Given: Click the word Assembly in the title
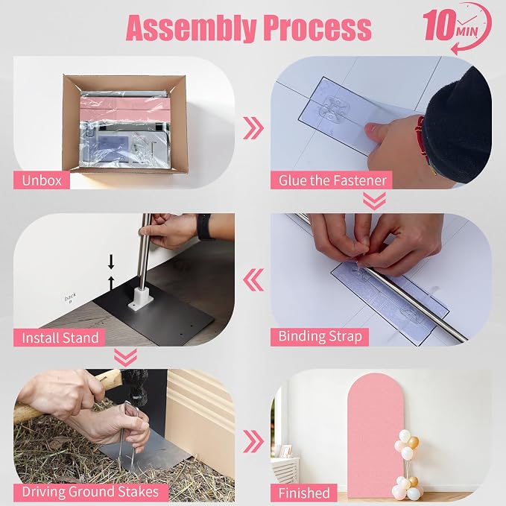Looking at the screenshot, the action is pyautogui.click(x=192, y=28).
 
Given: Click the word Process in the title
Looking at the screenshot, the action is pyautogui.click(x=317, y=28).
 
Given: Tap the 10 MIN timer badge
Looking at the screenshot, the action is pyautogui.click(x=457, y=28).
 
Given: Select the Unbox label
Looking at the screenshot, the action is pyautogui.click(x=42, y=180).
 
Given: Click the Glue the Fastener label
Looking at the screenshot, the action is pyautogui.click(x=332, y=180).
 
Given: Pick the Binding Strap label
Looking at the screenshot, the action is pyautogui.click(x=320, y=337).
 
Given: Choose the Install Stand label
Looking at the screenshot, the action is pyautogui.click(x=60, y=338).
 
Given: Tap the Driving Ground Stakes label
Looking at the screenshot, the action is pyautogui.click(x=91, y=493).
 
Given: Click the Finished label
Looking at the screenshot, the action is pyautogui.click(x=304, y=493).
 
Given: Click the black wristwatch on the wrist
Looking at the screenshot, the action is pyautogui.click(x=203, y=226).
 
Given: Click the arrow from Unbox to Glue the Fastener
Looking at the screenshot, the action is pyautogui.click(x=253, y=128).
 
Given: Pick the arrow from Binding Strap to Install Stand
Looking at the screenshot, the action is pyautogui.click(x=253, y=279).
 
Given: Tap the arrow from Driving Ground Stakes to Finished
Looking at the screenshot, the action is pyautogui.click(x=253, y=441).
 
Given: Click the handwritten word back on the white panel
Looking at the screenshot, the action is pyautogui.click(x=70, y=297).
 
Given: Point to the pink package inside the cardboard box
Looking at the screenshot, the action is pyautogui.click(x=124, y=110).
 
